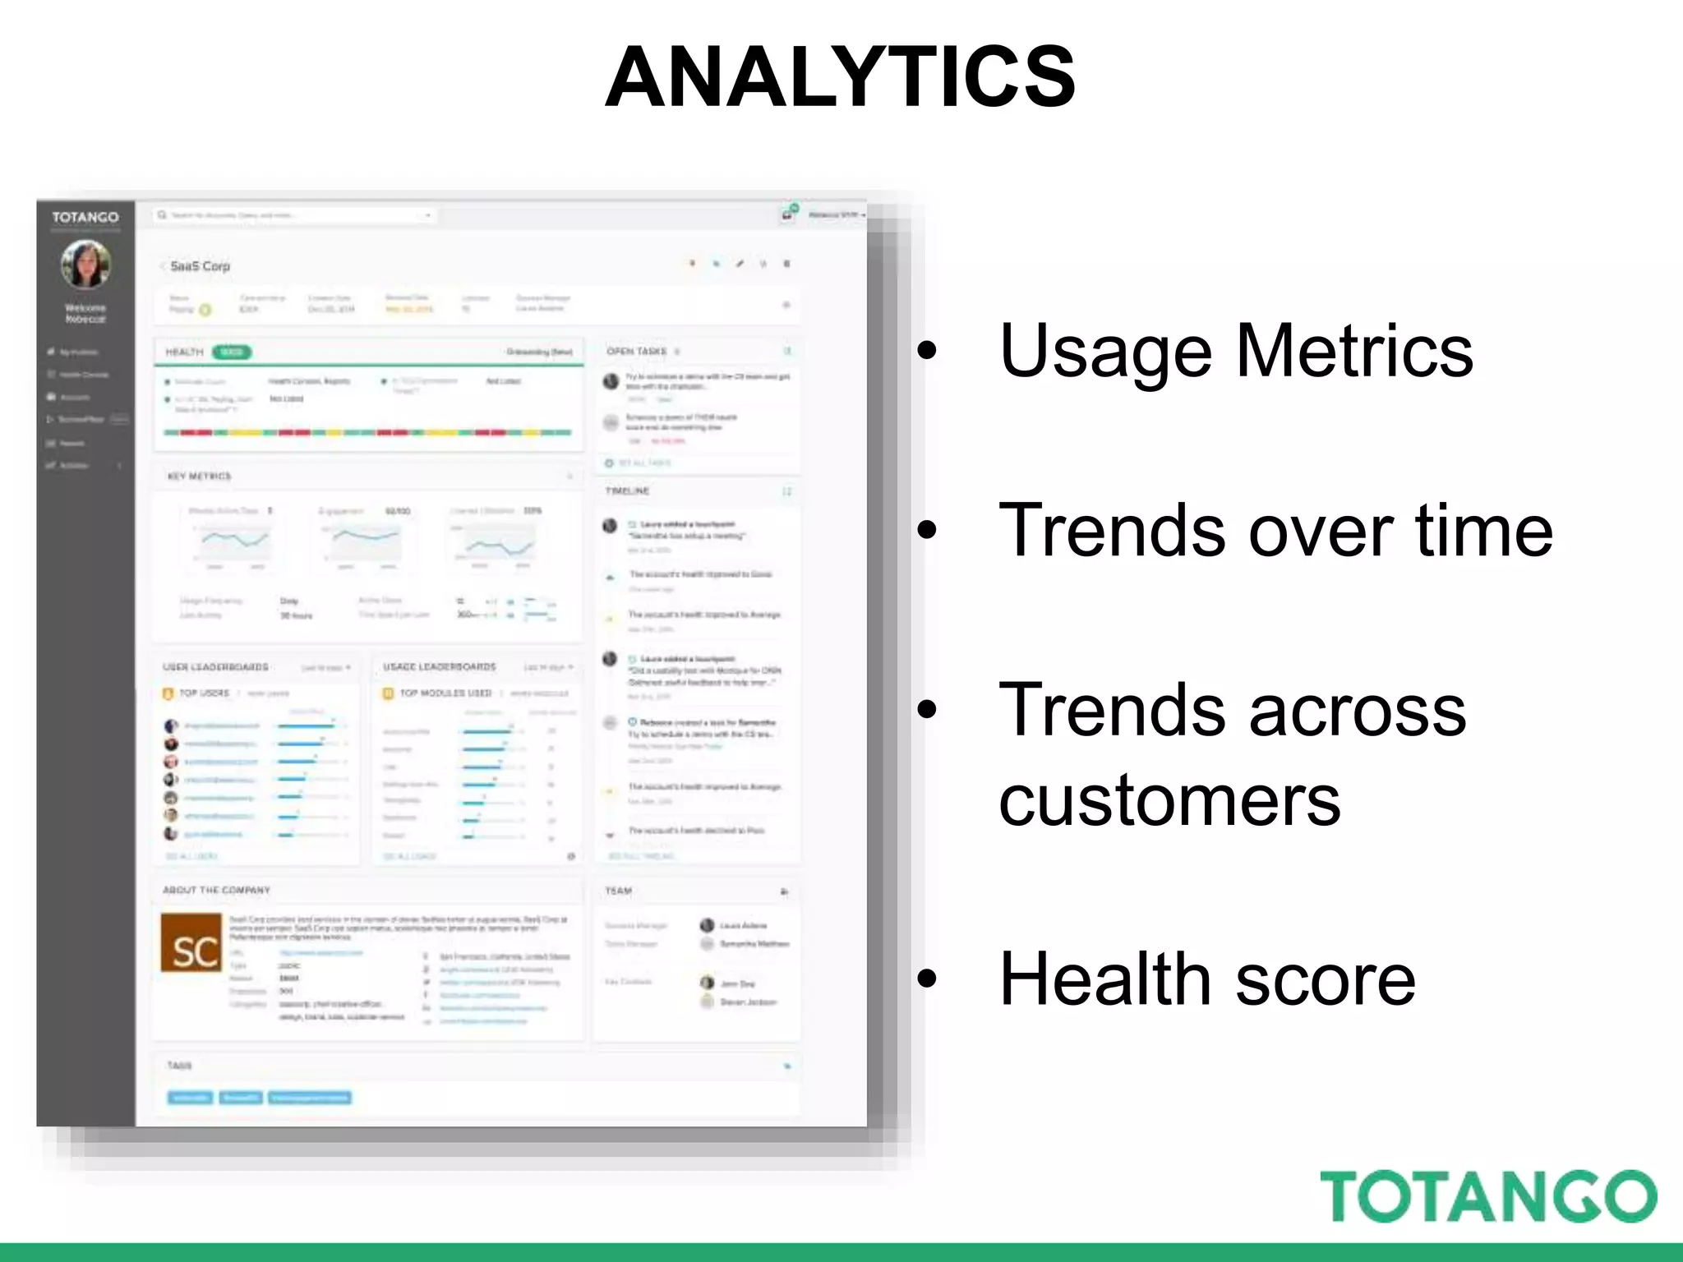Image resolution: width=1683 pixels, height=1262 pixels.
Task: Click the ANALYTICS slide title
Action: coord(840,77)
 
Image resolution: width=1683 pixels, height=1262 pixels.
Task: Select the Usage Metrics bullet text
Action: coord(1235,352)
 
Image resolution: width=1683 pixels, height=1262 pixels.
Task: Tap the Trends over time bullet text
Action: coord(1275,531)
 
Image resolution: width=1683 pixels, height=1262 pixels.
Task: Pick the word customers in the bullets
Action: coord(1169,801)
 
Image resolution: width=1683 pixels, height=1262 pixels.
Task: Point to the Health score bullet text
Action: coord(1206,979)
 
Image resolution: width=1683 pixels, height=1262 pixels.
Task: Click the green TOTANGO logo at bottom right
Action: coord(1487,1196)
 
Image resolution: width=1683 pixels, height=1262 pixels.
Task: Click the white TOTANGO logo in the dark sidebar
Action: coord(85,217)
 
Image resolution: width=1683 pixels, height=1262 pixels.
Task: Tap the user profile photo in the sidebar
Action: coord(85,265)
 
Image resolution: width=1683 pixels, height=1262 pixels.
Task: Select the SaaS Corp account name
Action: coord(200,266)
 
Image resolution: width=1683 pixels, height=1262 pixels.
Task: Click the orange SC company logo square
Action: coord(191,942)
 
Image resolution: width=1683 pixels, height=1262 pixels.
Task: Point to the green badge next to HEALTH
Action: coord(232,352)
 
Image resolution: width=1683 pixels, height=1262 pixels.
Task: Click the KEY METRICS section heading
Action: coord(199,477)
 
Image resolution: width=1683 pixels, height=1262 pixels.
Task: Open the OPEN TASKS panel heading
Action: coord(636,352)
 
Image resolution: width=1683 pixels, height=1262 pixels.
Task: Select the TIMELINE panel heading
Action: coord(627,491)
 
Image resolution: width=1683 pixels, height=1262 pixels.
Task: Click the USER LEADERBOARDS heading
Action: coord(215,667)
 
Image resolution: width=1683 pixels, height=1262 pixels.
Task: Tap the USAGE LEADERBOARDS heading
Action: coord(439,667)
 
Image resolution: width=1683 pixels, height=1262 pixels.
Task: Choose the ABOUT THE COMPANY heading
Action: coord(216,891)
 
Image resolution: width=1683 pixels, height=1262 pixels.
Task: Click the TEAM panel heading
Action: coord(618,891)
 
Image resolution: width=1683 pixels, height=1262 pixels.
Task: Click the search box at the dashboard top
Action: coord(293,215)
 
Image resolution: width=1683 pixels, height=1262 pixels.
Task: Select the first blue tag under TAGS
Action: coord(190,1098)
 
